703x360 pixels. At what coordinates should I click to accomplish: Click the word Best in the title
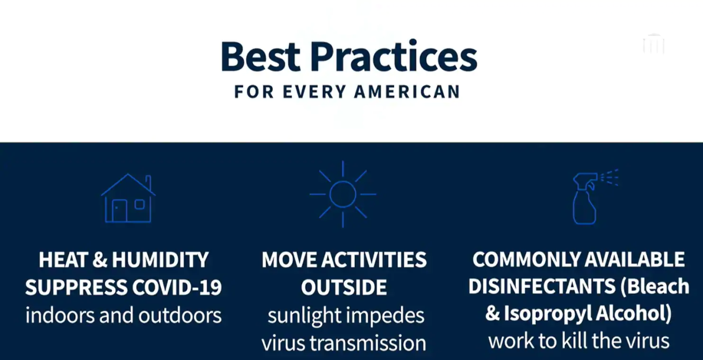pos(261,56)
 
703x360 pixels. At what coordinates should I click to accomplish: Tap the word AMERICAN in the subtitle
pos(407,92)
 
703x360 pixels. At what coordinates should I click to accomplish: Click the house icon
pos(128,198)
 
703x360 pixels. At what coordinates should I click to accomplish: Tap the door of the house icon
pos(120,210)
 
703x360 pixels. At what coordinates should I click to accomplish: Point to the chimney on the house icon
pos(148,183)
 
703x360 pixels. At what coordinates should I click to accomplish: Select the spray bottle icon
pos(585,198)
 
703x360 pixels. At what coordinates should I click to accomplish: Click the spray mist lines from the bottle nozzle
pos(609,178)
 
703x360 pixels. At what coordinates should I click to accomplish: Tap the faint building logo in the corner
pos(654,44)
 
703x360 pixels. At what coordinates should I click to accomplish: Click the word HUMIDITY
pos(160,260)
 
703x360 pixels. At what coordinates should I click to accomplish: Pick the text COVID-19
pos(177,287)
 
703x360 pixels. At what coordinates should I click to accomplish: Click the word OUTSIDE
pos(344,287)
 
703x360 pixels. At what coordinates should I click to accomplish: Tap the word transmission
pos(368,343)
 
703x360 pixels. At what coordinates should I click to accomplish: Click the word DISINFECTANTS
pos(542,286)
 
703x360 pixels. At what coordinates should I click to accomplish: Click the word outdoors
pos(180,315)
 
